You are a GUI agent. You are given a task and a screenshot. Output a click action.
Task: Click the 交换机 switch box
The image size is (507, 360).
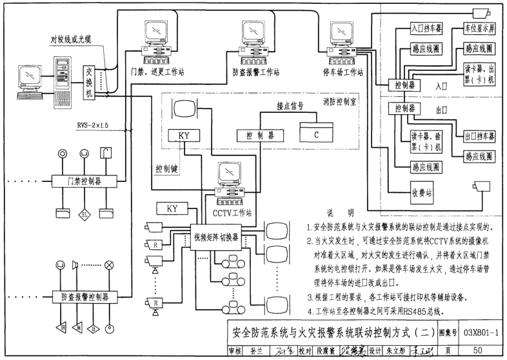(x=90, y=83)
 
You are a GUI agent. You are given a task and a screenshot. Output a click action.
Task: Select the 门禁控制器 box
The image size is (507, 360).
(x=79, y=180)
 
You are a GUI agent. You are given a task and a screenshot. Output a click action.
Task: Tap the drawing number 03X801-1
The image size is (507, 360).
(x=481, y=332)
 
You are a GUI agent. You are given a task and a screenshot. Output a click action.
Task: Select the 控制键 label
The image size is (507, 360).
(x=168, y=168)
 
